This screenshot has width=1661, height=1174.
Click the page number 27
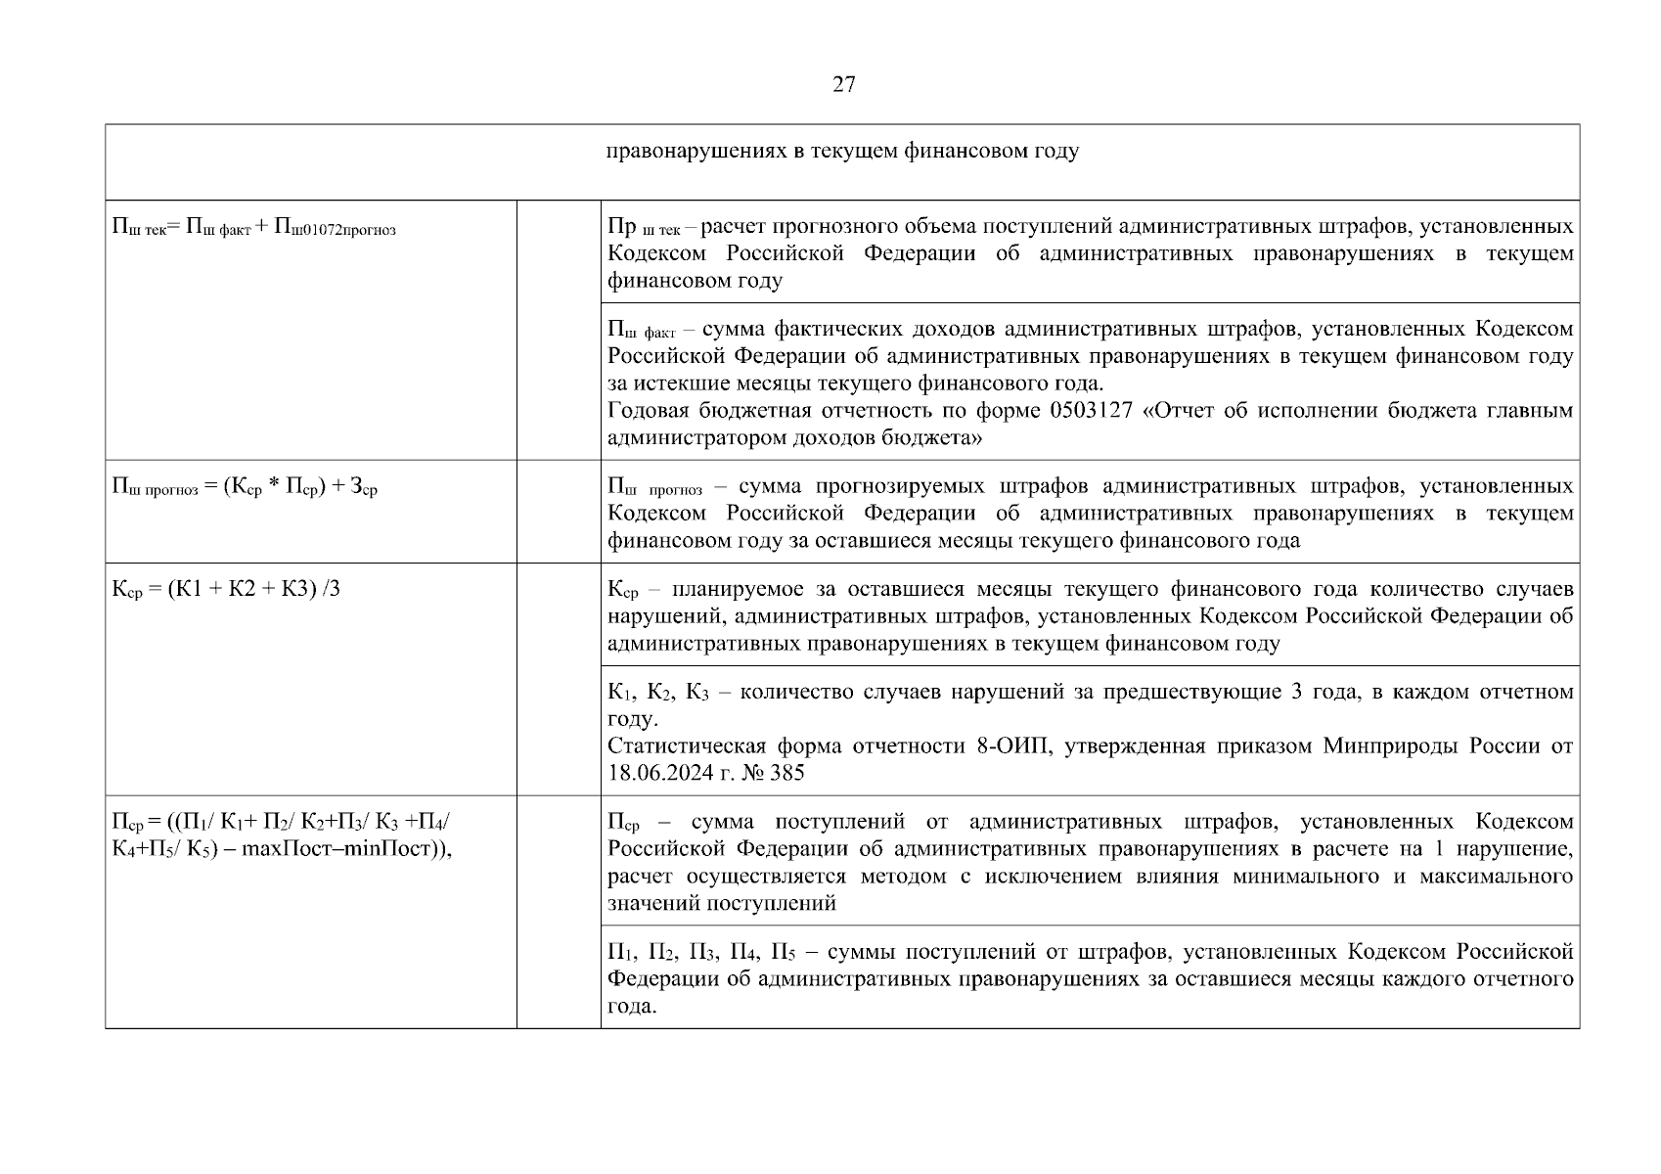click(x=843, y=85)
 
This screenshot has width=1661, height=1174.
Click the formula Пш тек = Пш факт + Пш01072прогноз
click(x=254, y=229)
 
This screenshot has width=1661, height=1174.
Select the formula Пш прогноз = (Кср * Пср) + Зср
click(x=246, y=487)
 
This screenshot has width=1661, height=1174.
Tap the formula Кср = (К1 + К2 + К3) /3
click(x=226, y=590)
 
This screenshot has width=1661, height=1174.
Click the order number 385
click(x=787, y=774)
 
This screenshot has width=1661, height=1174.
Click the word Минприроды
click(x=1390, y=746)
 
